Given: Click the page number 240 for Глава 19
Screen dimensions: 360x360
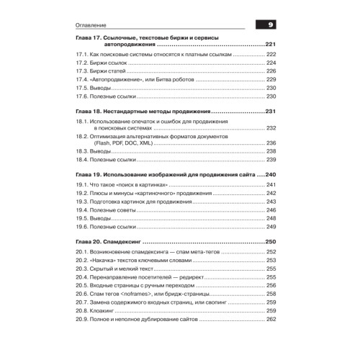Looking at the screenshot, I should click(x=270, y=175).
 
